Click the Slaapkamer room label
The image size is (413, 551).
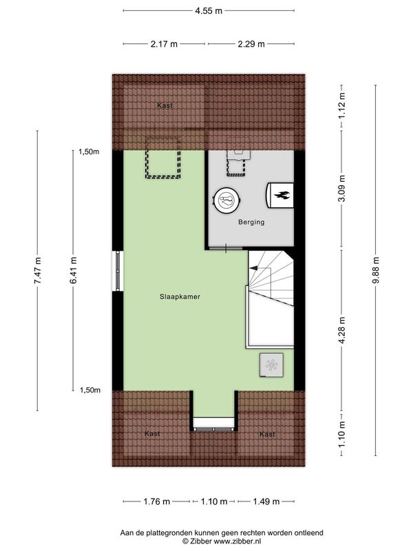[x=180, y=297]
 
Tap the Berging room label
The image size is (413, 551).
[x=251, y=222]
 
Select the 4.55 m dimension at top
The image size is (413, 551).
[x=209, y=10]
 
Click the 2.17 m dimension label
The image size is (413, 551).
[x=164, y=44]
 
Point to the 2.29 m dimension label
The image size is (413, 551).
[x=251, y=44]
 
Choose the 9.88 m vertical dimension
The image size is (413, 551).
[x=376, y=270]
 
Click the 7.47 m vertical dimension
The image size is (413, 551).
[x=38, y=271]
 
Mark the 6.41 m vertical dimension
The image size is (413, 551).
[x=73, y=271]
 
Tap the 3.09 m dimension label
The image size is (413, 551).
[x=342, y=188]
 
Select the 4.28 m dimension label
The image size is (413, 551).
[x=342, y=331]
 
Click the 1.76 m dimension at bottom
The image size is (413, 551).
[x=157, y=501]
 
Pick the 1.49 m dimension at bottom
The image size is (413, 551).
[x=266, y=501]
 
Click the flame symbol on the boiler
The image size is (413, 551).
[x=282, y=196]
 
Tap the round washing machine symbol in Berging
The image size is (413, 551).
[x=228, y=200]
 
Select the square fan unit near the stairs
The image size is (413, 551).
[x=271, y=365]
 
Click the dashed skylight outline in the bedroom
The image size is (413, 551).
[x=163, y=159]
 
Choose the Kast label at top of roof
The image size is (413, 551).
[x=165, y=105]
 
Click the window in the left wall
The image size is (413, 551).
[x=118, y=271]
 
